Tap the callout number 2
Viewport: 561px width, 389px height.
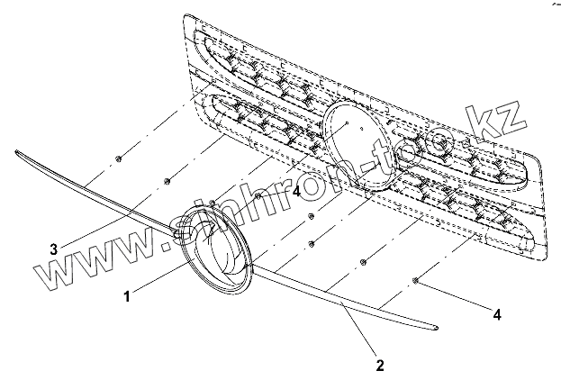(379, 366)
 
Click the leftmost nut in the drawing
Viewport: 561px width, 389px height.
(119, 159)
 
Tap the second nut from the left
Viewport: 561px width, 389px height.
(168, 182)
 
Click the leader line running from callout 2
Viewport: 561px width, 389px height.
(360, 333)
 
